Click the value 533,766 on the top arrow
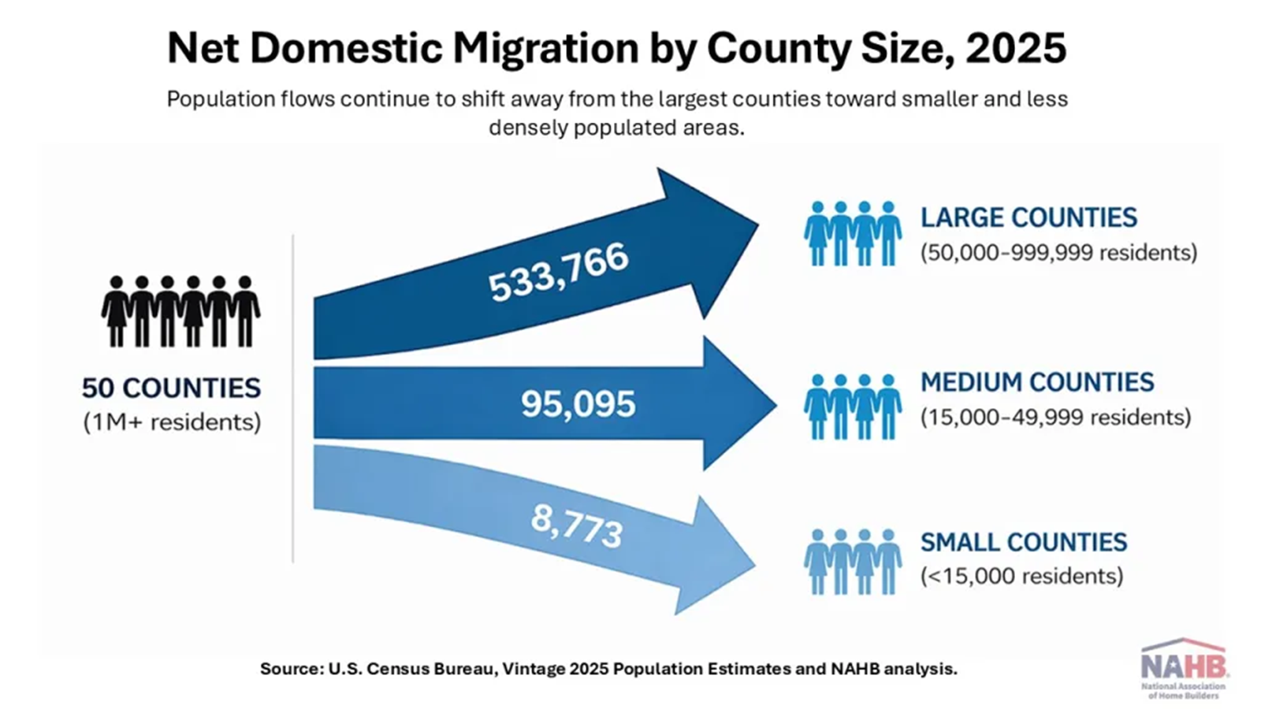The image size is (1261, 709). [558, 273]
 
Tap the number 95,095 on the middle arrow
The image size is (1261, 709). [578, 404]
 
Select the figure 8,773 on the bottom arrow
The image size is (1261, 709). [577, 525]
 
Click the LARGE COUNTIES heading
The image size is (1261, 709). [1029, 217]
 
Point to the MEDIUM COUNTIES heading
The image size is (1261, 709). [1036, 382]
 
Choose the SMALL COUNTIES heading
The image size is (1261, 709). [1024, 542]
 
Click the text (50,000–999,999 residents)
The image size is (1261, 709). [1058, 253]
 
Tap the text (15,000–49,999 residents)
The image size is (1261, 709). [1055, 417]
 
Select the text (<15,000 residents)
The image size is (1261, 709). [1021, 576]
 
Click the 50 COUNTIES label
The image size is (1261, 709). [171, 388]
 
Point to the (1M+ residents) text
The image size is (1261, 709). [172, 422]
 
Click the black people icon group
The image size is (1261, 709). [180, 311]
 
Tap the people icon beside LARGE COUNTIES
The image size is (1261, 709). [853, 233]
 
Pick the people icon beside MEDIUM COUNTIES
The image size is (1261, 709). [853, 406]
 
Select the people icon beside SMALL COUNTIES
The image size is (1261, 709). [853, 562]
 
